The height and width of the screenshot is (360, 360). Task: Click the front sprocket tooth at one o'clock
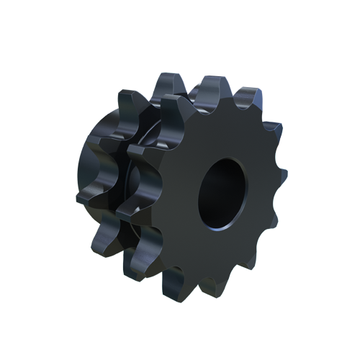[248, 97]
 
